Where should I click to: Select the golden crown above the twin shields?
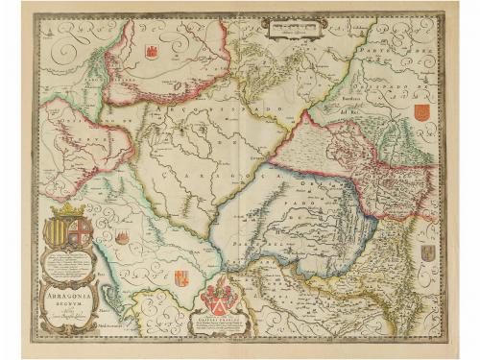click(x=69, y=210)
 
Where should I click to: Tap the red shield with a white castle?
click(x=152, y=49)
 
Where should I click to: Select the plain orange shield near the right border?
click(x=420, y=113)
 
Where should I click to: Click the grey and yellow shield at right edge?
click(x=427, y=253)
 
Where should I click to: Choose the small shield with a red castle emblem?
click(x=123, y=235)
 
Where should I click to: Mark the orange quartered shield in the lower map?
click(x=180, y=279)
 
